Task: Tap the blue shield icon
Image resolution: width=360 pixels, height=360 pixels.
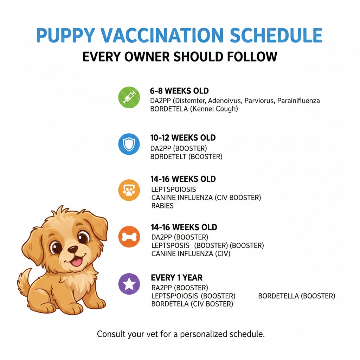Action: tap(129, 144)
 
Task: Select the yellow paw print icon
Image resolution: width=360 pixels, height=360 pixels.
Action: tap(129, 190)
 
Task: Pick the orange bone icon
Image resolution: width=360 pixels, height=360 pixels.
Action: tap(129, 237)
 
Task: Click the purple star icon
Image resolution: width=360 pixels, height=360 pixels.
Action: tap(129, 284)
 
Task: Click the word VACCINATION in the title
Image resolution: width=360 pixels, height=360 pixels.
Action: tap(162, 35)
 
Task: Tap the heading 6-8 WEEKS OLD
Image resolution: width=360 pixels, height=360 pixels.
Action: tap(179, 91)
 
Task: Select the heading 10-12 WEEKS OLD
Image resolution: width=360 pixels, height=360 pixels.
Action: tap(183, 137)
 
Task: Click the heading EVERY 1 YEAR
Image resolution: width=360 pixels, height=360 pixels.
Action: tap(176, 278)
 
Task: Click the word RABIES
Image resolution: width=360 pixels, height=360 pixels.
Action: tap(162, 206)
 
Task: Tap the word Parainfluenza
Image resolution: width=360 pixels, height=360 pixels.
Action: tap(298, 101)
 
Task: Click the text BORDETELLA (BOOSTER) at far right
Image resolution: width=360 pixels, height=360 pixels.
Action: tap(296, 296)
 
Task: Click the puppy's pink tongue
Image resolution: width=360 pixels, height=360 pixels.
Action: tap(77, 262)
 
